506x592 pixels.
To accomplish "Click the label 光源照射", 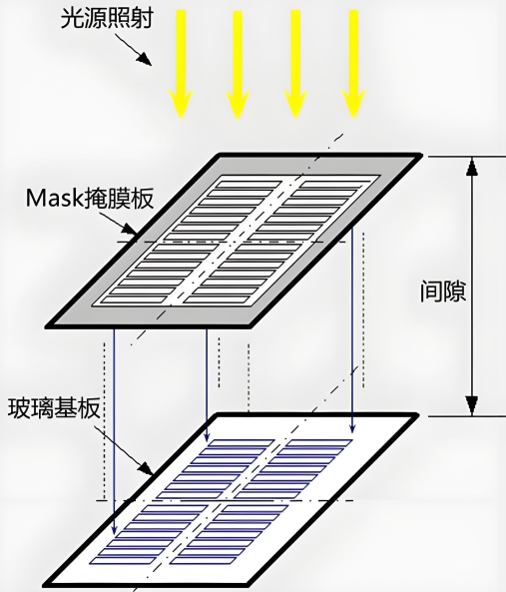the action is [x=107, y=19].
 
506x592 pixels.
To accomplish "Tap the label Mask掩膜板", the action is [x=90, y=198].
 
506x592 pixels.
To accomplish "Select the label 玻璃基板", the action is [x=54, y=407].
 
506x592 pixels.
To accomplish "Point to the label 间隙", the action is [x=443, y=291].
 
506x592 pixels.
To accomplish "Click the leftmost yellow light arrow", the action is [x=181, y=64].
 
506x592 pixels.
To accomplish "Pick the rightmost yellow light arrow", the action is [x=353, y=64].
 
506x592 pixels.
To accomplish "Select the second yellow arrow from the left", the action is [x=238, y=65].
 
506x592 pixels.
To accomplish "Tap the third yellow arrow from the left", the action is [x=295, y=64].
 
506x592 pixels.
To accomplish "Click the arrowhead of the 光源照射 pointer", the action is [x=145, y=59].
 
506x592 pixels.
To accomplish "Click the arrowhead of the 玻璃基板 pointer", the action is [x=147, y=468].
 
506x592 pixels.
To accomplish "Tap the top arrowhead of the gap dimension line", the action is [x=472, y=167].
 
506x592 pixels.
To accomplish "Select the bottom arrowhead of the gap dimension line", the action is [x=472, y=405].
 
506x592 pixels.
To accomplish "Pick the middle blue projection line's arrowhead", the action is [x=207, y=435].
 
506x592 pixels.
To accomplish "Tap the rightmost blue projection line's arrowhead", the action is [x=352, y=426].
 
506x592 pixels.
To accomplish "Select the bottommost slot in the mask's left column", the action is [x=135, y=300].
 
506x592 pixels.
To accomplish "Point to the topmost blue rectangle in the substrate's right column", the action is [x=318, y=443].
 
